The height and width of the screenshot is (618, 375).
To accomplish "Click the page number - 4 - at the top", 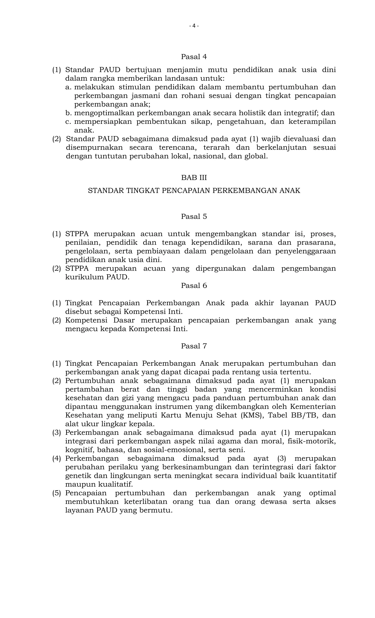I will [194, 26].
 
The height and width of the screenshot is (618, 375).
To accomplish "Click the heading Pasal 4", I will [194, 57].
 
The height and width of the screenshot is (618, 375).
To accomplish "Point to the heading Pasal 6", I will [194, 286].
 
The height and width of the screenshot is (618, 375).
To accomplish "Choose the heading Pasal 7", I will [194, 346].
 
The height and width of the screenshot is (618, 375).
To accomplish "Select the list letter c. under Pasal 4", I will [68, 122].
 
